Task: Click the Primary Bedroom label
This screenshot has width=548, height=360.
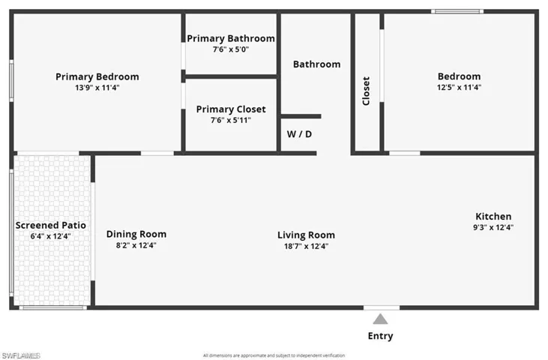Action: tap(97, 76)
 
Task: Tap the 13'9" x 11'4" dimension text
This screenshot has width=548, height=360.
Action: tap(97, 88)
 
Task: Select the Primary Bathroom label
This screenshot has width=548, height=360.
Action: tap(231, 38)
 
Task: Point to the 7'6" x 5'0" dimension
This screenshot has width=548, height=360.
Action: tap(231, 49)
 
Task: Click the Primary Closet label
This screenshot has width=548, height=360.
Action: tap(231, 109)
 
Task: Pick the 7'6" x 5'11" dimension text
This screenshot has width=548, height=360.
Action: tap(231, 120)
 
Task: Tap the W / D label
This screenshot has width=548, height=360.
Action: tap(299, 134)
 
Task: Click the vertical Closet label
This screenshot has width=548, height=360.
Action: tap(367, 91)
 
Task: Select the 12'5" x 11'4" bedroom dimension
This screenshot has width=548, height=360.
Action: tap(459, 87)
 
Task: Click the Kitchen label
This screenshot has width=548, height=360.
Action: tap(493, 216)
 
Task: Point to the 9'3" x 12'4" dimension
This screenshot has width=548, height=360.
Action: tap(493, 227)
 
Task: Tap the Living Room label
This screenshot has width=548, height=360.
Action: tap(306, 235)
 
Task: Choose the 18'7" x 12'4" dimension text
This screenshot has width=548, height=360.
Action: tap(306, 246)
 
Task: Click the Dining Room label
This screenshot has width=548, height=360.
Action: tap(136, 234)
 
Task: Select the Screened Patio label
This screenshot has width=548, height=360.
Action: tap(51, 225)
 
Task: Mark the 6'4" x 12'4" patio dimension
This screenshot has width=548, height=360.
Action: tap(51, 236)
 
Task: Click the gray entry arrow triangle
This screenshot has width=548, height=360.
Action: tap(381, 319)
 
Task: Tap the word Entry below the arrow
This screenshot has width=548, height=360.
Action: tap(380, 336)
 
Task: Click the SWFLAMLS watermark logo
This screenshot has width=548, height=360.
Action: tap(21, 355)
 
